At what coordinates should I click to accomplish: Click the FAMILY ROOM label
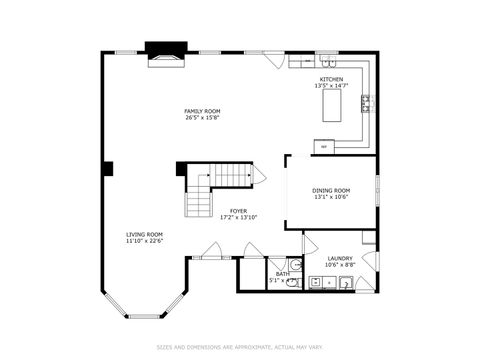pos(202,111)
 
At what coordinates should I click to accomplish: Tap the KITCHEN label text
pos(331,79)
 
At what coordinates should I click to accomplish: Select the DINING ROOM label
pos(331,190)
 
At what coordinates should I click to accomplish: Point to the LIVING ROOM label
pos(144,234)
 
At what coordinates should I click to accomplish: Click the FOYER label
pos(238,211)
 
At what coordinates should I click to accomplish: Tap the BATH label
pos(283,273)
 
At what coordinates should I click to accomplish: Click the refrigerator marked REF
pos(324,147)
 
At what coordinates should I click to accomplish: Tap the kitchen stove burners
pos(366,100)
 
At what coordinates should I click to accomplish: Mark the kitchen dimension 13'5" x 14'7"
pos(331,86)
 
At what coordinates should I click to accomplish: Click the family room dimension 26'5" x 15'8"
pos(202,118)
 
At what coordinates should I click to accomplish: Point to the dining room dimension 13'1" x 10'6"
pos(331,197)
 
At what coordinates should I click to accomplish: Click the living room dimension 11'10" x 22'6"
pos(144,241)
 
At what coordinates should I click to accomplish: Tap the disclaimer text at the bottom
pos(240,348)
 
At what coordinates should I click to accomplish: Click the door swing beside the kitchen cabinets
pos(276,60)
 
